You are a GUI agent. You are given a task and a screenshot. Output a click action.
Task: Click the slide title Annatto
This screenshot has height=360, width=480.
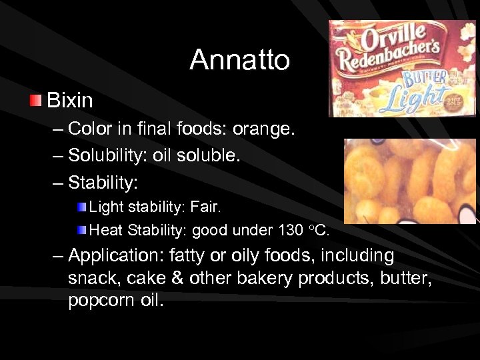(239, 60)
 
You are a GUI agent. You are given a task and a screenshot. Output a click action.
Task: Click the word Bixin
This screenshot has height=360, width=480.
(70, 101)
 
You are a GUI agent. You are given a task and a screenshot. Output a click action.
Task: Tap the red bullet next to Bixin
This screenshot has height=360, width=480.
(35, 100)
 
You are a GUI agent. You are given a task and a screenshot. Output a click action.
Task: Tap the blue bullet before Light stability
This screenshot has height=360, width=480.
(81, 207)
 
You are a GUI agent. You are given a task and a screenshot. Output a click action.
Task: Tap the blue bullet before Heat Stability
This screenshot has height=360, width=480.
(81, 231)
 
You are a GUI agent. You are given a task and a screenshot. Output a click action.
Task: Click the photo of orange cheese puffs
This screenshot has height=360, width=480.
(411, 181)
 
